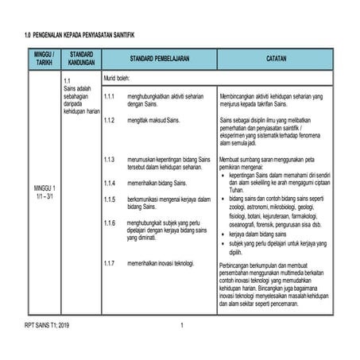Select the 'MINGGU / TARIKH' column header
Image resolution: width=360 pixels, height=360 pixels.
pos(42,59)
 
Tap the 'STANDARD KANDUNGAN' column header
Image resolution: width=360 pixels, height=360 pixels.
pos(81,59)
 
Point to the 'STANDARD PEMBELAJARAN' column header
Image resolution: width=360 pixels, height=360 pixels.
pos(158,59)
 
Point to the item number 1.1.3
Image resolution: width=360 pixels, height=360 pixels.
pos(110,160)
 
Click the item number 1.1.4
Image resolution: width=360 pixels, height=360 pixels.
pos(110,183)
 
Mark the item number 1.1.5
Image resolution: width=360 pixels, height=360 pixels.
pos(110,199)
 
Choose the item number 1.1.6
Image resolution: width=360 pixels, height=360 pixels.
pos(110,223)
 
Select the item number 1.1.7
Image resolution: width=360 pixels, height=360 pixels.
pos(110,262)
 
